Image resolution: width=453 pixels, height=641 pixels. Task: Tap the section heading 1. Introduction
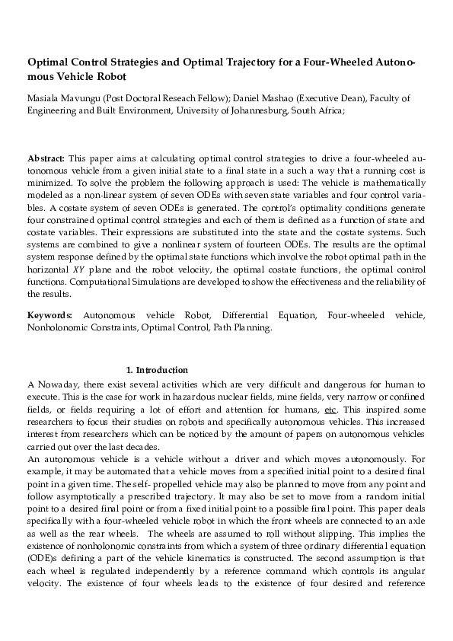click(x=156, y=369)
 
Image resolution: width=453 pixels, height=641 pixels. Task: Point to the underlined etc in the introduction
click(x=330, y=410)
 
